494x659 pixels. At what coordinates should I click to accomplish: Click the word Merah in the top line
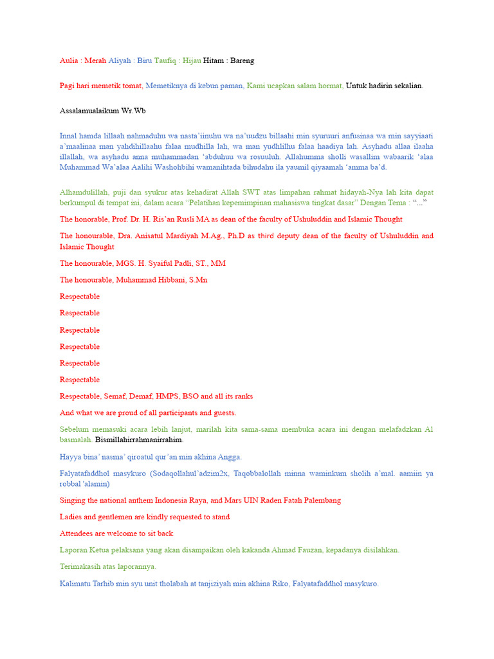[94, 60]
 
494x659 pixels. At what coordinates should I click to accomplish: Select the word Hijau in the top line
[191, 60]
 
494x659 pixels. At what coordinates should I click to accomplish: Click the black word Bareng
[241, 60]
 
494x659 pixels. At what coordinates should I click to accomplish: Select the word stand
[219, 517]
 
